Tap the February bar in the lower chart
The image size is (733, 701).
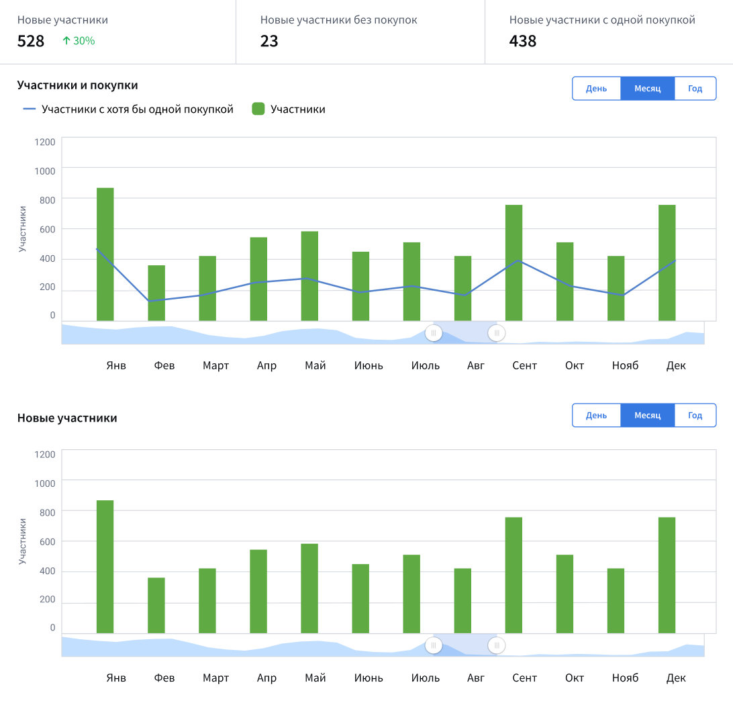tap(156, 605)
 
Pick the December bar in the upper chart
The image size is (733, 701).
tap(667, 263)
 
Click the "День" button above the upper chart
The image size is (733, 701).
tap(596, 89)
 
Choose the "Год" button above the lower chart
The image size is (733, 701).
tap(695, 415)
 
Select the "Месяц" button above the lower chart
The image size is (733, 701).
tap(647, 415)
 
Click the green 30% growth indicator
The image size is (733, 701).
tap(79, 41)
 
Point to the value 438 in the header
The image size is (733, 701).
tap(523, 41)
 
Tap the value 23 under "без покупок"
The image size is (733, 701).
tap(269, 41)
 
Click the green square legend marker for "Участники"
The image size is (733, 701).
tap(258, 109)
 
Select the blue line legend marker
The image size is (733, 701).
tap(29, 109)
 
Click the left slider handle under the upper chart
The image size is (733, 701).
tap(434, 332)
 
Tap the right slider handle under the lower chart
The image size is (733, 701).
tap(497, 645)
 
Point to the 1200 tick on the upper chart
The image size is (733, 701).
tap(45, 142)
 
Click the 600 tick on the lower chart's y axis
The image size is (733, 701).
tap(45, 541)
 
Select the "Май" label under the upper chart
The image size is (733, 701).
tap(315, 365)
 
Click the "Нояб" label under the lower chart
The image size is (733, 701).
tap(625, 677)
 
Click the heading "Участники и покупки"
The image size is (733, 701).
tap(77, 85)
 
